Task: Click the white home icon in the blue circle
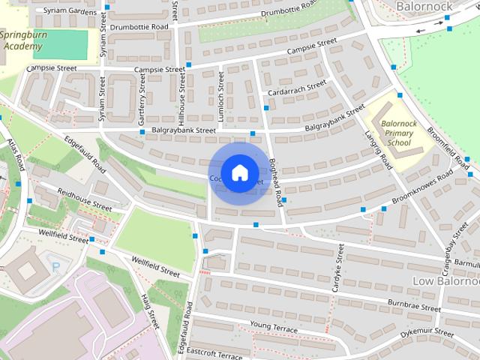pos(239,172)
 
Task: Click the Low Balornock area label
pos(445,280)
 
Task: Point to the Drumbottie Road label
pos(139,27)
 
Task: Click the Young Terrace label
pos(274,328)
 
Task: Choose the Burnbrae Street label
pos(414,307)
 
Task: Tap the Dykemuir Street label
pos(426,329)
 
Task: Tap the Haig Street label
pos(150,310)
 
